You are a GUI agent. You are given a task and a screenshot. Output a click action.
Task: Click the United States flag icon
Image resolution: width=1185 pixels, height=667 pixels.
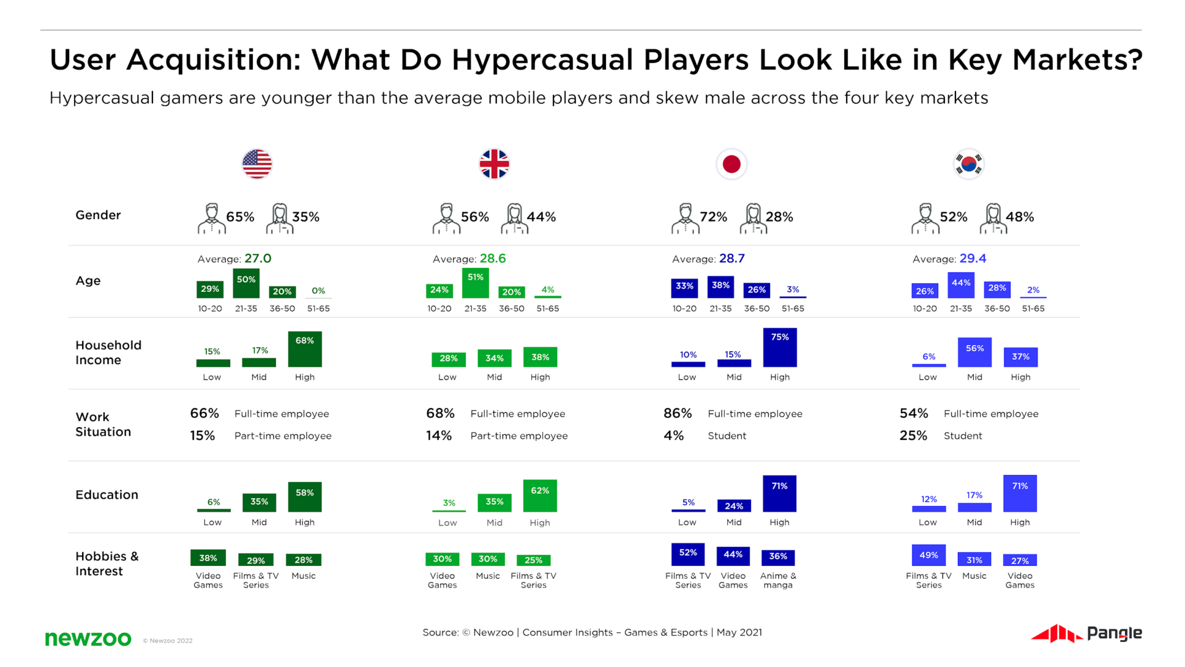point(257,164)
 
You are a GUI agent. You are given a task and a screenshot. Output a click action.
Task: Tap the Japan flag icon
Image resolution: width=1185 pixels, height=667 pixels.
point(731,164)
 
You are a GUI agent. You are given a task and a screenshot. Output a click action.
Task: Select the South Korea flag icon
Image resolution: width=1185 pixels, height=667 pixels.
point(968,164)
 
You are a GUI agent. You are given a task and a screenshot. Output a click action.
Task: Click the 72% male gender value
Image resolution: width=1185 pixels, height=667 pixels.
point(713,217)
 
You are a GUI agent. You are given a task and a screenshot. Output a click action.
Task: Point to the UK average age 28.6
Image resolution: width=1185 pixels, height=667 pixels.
point(493,259)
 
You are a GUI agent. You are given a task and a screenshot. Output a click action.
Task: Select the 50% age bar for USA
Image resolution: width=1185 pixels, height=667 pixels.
point(246,283)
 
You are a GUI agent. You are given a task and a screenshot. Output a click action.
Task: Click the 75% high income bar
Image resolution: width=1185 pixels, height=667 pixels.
point(780,347)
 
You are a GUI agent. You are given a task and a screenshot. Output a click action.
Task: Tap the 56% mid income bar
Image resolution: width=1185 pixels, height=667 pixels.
point(975,352)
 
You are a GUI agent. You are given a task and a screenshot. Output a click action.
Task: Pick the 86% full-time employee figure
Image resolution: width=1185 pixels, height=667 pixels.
point(677,413)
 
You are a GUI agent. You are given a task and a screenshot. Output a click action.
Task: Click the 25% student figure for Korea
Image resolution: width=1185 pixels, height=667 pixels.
point(913,436)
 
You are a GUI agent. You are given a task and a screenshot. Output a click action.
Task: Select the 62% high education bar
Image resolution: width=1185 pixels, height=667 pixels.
point(539,495)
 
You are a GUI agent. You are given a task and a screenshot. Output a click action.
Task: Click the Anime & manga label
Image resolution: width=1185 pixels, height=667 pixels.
point(778,580)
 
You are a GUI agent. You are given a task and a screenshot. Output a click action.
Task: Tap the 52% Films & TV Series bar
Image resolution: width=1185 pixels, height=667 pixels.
point(688,554)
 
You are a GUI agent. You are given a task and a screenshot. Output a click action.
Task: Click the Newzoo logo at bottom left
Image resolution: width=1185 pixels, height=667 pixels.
point(88,639)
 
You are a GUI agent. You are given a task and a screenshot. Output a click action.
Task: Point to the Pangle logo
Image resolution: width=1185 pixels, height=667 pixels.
point(1086,634)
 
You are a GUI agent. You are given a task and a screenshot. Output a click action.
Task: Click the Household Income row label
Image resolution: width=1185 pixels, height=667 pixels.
point(108,352)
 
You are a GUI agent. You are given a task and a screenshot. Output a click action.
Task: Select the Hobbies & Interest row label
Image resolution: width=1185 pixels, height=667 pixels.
point(107,563)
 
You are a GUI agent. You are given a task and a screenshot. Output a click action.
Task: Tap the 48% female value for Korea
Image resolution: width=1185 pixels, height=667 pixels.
point(1019,217)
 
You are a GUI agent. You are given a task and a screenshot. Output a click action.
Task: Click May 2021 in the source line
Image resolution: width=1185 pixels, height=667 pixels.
point(739,632)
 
